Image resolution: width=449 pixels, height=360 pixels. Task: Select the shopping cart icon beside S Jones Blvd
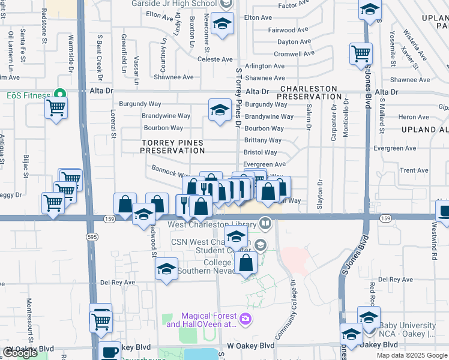(361, 54)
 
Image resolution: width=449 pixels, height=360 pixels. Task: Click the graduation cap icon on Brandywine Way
(220, 110)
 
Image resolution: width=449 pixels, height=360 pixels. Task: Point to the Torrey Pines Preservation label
(172, 146)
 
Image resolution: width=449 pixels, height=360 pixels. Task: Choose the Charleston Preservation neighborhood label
(310, 91)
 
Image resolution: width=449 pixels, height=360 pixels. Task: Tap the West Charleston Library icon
(266, 224)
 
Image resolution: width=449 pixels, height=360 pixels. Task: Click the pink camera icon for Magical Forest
(244, 318)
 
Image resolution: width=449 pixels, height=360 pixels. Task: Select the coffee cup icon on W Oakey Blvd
(110, 352)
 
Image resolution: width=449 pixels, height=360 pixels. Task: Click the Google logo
(20, 353)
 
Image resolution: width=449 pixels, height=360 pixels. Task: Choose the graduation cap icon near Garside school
(223, 25)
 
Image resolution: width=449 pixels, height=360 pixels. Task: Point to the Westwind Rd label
(433, 238)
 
